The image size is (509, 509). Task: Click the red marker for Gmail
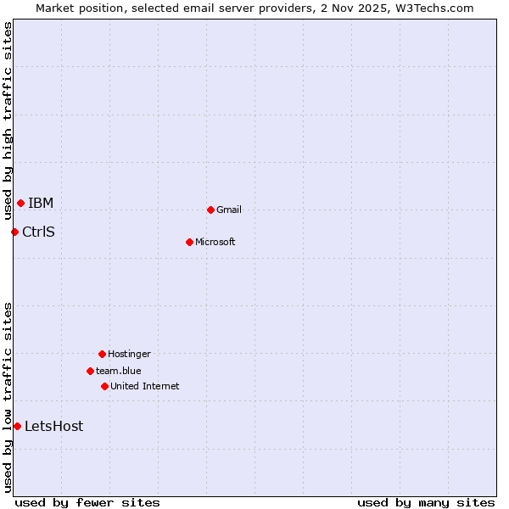210,210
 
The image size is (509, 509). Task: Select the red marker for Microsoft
189,242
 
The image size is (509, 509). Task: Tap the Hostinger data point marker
102,354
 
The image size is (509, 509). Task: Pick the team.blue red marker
90,371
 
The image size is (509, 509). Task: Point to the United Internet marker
104,386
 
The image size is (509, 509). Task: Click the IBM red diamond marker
20,203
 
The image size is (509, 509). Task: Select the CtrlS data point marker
14,232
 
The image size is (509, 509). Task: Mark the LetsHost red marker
17,426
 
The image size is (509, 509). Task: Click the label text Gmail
229,210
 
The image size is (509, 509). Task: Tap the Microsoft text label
215,242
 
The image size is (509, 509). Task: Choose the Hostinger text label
129,354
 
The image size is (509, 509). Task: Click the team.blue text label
119,371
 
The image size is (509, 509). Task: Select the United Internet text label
145,386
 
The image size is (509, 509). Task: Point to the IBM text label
41,203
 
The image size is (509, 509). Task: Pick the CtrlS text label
38,232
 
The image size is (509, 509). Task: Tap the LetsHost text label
54,426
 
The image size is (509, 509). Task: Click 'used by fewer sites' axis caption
87,502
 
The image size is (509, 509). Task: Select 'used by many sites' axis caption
426,502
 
